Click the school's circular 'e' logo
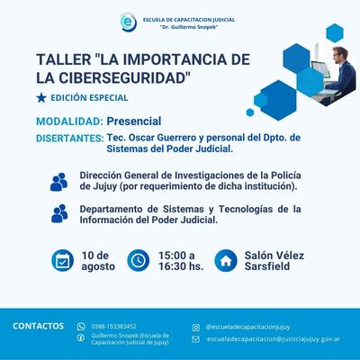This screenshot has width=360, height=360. coord(129,22)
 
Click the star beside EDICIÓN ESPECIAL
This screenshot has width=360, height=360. coord(41,98)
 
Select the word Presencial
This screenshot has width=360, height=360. coord(134,121)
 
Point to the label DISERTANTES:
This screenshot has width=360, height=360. coord(70,139)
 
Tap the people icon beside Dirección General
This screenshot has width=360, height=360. coord(58,182)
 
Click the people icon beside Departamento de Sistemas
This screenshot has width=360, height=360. coord(59,213)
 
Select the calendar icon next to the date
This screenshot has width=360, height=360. coord(62,260)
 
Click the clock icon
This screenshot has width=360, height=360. coord(139,260)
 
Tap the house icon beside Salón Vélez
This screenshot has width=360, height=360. coord(226,261)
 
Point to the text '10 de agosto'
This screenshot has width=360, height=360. coord(98,261)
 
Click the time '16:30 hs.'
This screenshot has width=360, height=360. coord(181,266)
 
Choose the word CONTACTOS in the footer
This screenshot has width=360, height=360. coord(38,326)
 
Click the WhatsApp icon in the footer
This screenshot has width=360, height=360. coord(81,327)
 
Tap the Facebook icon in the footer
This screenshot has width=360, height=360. coord(81,338)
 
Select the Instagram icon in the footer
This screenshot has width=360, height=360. coord(195,328)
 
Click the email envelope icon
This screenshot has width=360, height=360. coord(195,339)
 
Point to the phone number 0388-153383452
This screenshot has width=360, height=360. coord(113,327)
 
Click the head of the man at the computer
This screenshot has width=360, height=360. coord(341,54)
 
